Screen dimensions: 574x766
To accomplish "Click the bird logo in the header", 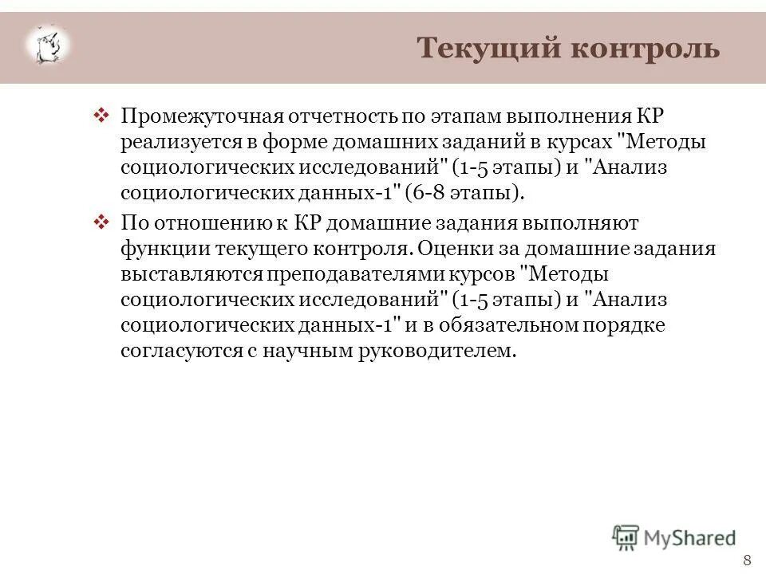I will coord(48,45).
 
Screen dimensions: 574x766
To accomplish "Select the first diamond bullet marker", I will coord(101,116).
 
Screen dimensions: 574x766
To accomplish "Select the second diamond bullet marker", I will coord(101,221).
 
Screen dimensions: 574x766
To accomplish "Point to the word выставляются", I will coord(180,273).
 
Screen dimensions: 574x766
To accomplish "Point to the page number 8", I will coord(747,558).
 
